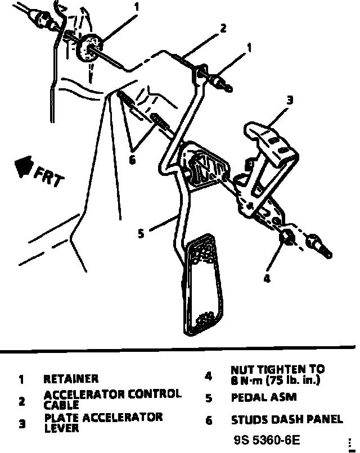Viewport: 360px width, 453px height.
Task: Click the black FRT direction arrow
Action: coord(23,166)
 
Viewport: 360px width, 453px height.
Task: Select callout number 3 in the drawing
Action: coord(289,101)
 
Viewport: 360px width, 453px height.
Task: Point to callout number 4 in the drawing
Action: coord(267,278)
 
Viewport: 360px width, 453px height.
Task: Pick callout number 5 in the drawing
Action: coord(141,233)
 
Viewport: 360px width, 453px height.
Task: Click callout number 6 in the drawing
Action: coord(132,160)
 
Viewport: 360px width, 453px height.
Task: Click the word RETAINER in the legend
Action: coord(71,379)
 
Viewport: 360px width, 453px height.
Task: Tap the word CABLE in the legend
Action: coord(62,405)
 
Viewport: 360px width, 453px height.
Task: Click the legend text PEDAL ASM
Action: coord(263,397)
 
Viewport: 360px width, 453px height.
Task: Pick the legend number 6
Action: coord(209,420)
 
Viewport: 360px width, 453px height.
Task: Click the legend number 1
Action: coord(21,379)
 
